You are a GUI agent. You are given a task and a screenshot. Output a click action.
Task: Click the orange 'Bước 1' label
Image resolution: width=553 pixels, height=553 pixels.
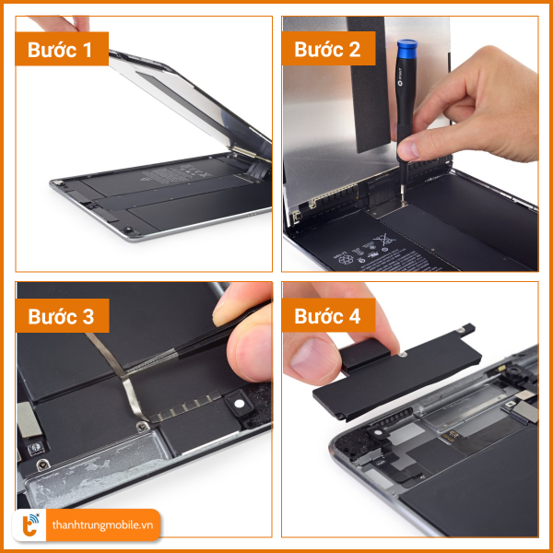[x=62, y=49]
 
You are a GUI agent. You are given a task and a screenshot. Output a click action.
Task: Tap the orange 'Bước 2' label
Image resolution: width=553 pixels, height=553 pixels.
[x=328, y=48]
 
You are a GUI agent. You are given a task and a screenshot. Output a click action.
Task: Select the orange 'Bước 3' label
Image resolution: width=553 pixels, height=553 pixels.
[x=62, y=315]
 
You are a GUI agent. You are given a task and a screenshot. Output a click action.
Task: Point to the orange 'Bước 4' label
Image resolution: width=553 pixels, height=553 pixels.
[x=328, y=315]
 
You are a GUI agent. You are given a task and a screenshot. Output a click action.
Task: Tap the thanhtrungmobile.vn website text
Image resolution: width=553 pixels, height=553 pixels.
[x=102, y=525]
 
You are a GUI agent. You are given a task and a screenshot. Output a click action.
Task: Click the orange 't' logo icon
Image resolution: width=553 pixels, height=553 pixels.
[x=29, y=525]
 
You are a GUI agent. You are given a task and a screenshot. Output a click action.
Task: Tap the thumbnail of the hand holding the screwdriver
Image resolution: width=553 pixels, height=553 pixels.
[x=409, y=149]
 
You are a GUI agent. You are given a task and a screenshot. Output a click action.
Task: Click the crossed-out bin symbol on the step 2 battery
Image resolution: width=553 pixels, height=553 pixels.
[x=383, y=241]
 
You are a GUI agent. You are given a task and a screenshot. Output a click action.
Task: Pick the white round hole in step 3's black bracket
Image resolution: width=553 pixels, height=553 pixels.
[x=240, y=404]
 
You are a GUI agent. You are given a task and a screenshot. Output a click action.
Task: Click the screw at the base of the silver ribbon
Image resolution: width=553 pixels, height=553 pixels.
[x=143, y=427]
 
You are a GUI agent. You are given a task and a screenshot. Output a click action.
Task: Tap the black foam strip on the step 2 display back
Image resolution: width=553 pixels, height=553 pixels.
[x=370, y=84]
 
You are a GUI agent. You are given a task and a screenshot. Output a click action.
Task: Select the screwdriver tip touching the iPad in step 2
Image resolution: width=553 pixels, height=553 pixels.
[x=403, y=202]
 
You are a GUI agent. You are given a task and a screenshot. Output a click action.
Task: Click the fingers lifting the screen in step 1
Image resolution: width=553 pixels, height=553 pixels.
[x=64, y=23]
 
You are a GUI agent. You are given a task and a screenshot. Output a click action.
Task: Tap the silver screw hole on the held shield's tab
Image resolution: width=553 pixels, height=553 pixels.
[x=460, y=330]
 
